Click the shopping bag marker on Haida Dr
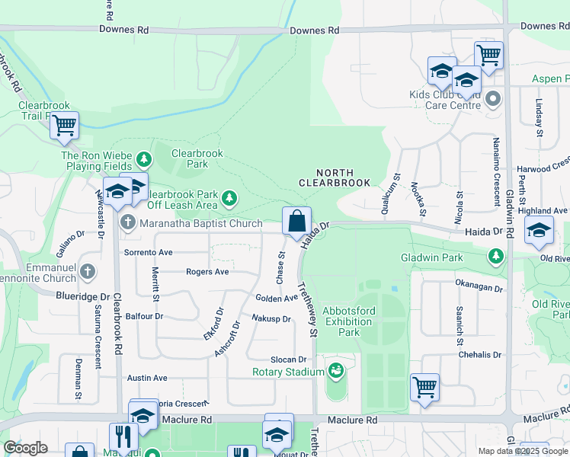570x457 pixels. click(296, 222)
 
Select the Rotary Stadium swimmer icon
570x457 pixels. click(334, 371)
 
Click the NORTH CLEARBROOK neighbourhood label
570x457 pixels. click(334, 178)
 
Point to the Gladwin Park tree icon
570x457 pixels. click(497, 256)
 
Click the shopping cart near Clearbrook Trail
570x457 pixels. click(65, 125)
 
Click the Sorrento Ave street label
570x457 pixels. click(149, 251)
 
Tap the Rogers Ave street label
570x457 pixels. click(207, 271)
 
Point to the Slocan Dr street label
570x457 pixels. click(288, 360)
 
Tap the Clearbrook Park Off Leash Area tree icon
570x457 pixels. click(229, 200)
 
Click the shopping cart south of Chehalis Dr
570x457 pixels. click(424, 385)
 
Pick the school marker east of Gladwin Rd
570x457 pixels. click(539, 232)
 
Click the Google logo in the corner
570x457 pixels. click(25, 448)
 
